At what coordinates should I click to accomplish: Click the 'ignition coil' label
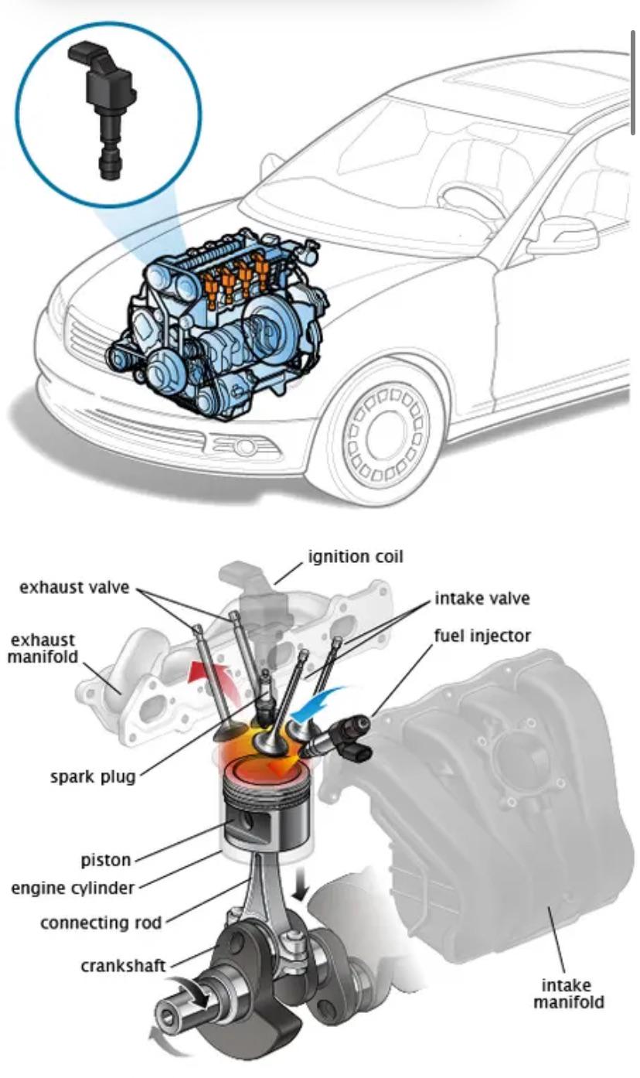point(356,557)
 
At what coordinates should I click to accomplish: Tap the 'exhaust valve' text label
point(75,588)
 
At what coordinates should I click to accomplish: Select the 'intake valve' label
point(482,599)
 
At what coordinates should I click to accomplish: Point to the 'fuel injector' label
point(482,636)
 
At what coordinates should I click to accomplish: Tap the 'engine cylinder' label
point(73,888)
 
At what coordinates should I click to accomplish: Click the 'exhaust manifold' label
point(43,648)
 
